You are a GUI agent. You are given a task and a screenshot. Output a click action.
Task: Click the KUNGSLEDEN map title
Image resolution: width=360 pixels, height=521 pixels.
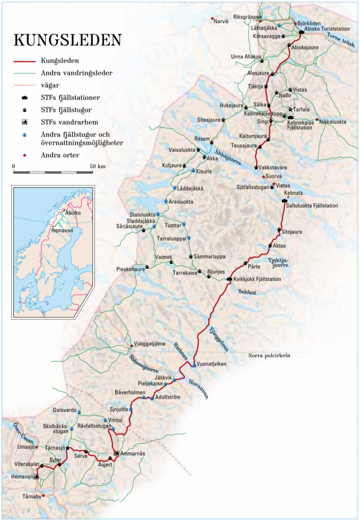click(68, 40)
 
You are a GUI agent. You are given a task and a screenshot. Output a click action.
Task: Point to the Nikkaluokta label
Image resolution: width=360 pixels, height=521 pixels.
click(334, 121)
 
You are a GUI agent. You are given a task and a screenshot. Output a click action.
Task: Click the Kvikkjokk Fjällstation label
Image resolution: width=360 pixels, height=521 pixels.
click(257, 279)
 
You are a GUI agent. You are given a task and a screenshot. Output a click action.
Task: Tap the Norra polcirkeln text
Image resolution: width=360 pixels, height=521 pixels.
click(269, 356)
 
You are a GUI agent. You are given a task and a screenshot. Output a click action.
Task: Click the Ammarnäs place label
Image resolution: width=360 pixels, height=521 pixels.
click(131, 453)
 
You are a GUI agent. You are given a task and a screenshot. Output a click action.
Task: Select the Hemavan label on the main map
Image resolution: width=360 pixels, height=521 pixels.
click(20, 477)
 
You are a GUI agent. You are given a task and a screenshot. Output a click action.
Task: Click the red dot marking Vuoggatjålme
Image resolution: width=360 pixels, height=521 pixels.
click(132, 346)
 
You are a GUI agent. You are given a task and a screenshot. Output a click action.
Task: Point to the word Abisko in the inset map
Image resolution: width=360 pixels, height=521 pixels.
click(72, 213)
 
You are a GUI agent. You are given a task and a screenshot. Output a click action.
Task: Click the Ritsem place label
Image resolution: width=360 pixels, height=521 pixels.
click(202, 138)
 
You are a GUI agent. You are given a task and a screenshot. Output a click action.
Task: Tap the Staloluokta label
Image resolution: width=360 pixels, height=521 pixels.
click(142, 214)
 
